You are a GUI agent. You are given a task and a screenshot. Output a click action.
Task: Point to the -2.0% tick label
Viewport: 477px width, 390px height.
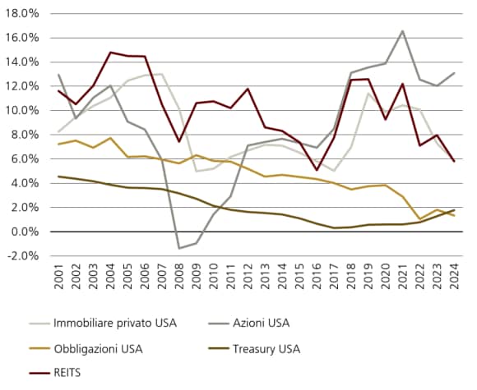click(21, 255)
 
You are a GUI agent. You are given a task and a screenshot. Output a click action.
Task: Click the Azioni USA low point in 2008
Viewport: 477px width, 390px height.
click(179, 248)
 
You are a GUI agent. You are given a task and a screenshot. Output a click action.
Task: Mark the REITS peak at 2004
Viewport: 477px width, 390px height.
click(110, 53)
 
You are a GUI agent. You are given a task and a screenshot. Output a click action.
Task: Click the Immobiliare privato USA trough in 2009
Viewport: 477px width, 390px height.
click(197, 171)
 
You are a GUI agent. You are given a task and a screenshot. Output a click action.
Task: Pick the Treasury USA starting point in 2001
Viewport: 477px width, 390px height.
click(58, 177)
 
